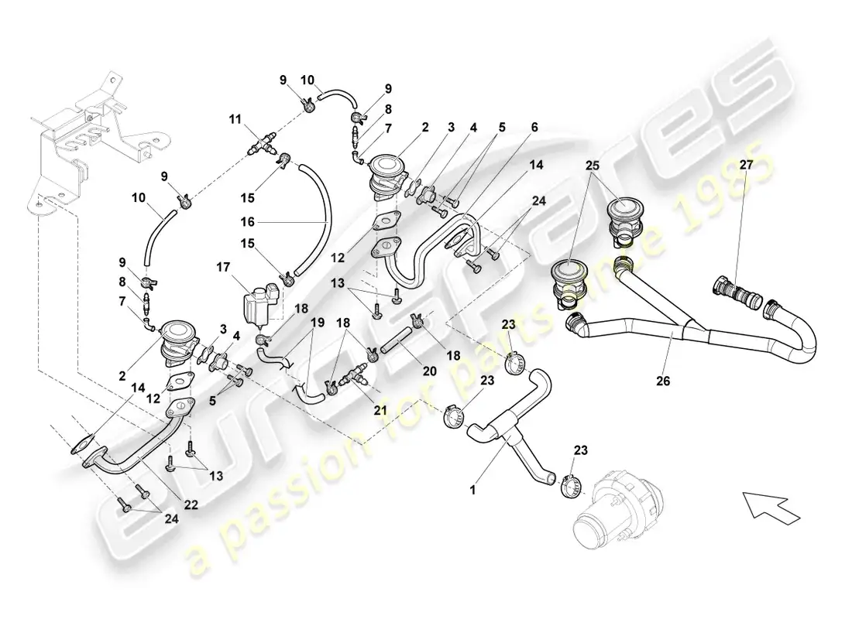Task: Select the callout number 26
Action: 663,381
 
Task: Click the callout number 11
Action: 235,119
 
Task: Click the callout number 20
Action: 430,371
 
